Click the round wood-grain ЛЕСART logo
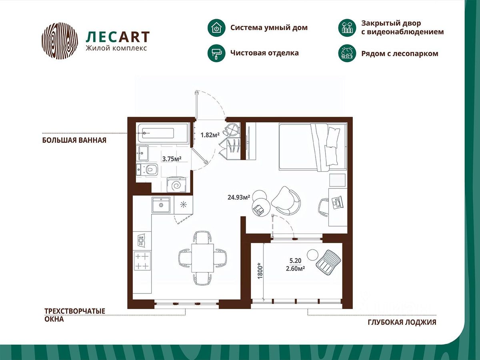pos(60,41)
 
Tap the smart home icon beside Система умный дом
pos(216,28)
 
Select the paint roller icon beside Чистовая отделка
pos(216,53)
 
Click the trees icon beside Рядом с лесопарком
pos(347,53)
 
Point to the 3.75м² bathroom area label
pos(172,159)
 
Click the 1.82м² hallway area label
pos(210,135)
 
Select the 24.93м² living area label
pos(239,197)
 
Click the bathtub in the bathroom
pos(162,133)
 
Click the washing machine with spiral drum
pos(176,185)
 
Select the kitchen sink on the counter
pos(161,204)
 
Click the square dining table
pos(202,258)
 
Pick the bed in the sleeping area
pos(313,147)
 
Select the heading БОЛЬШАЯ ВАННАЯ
pos(74,140)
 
